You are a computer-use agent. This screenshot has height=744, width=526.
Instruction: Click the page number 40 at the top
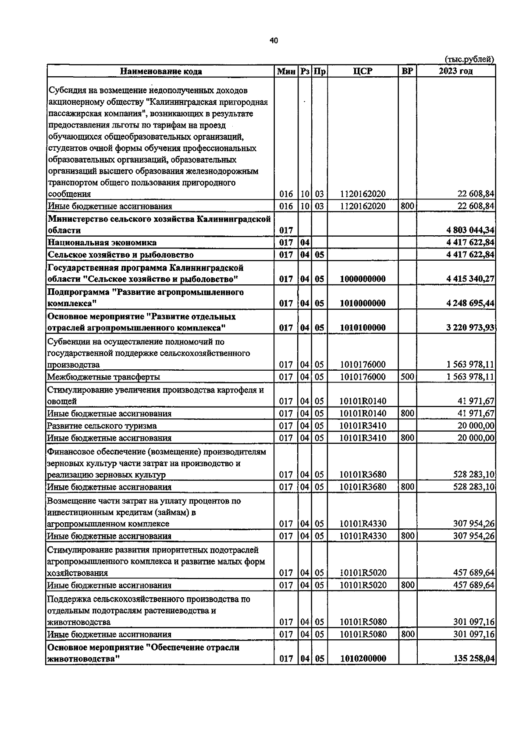[274, 41]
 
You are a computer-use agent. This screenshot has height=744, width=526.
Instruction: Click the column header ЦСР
[363, 71]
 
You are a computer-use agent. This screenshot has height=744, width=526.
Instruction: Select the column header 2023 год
[456, 71]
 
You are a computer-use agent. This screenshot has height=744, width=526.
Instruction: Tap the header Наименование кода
[161, 71]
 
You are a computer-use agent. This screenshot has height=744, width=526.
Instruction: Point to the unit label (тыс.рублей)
[469, 59]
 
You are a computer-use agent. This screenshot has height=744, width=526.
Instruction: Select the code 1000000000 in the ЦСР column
[363, 279]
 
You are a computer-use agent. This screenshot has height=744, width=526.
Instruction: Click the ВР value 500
[407, 376]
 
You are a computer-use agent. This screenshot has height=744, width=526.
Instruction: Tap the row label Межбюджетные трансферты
[103, 377]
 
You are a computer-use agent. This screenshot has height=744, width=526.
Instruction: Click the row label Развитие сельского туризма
[102, 426]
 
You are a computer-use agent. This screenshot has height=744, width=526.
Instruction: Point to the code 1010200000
[363, 659]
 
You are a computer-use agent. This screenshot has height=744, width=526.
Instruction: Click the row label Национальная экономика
[102, 242]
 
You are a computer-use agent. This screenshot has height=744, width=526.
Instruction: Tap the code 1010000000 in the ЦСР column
[363, 303]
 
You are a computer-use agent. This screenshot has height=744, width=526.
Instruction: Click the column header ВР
[407, 71]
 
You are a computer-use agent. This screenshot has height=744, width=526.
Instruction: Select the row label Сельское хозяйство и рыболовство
[121, 255]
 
